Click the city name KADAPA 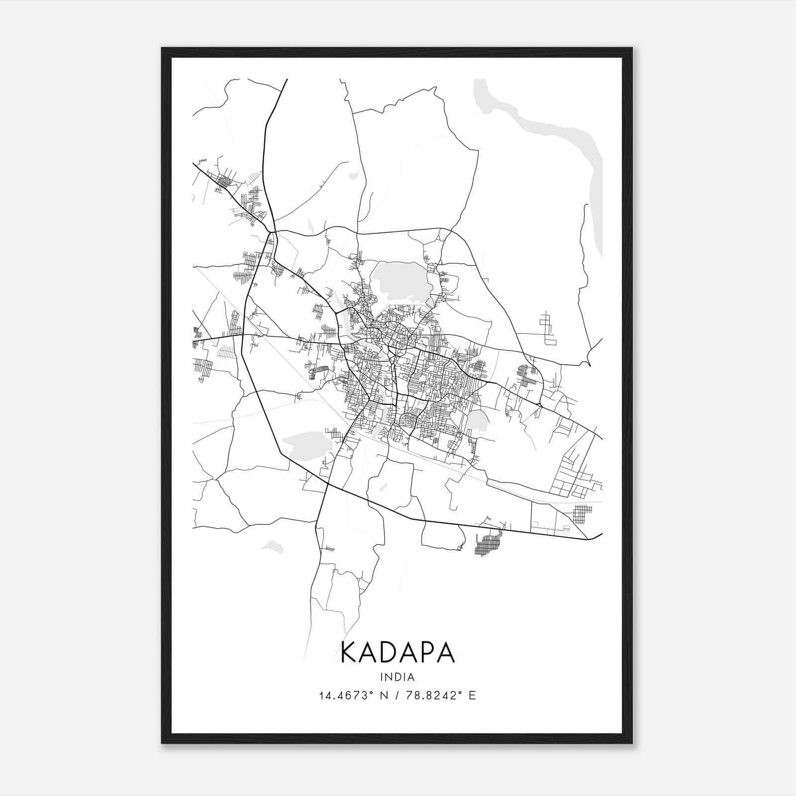[398, 652]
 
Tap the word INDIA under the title [397, 677]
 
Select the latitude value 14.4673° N [353, 696]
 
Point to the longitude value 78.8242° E [441, 696]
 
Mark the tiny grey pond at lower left [273, 547]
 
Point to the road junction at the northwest [272, 231]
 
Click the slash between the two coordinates [397, 696]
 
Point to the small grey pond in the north [354, 175]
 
